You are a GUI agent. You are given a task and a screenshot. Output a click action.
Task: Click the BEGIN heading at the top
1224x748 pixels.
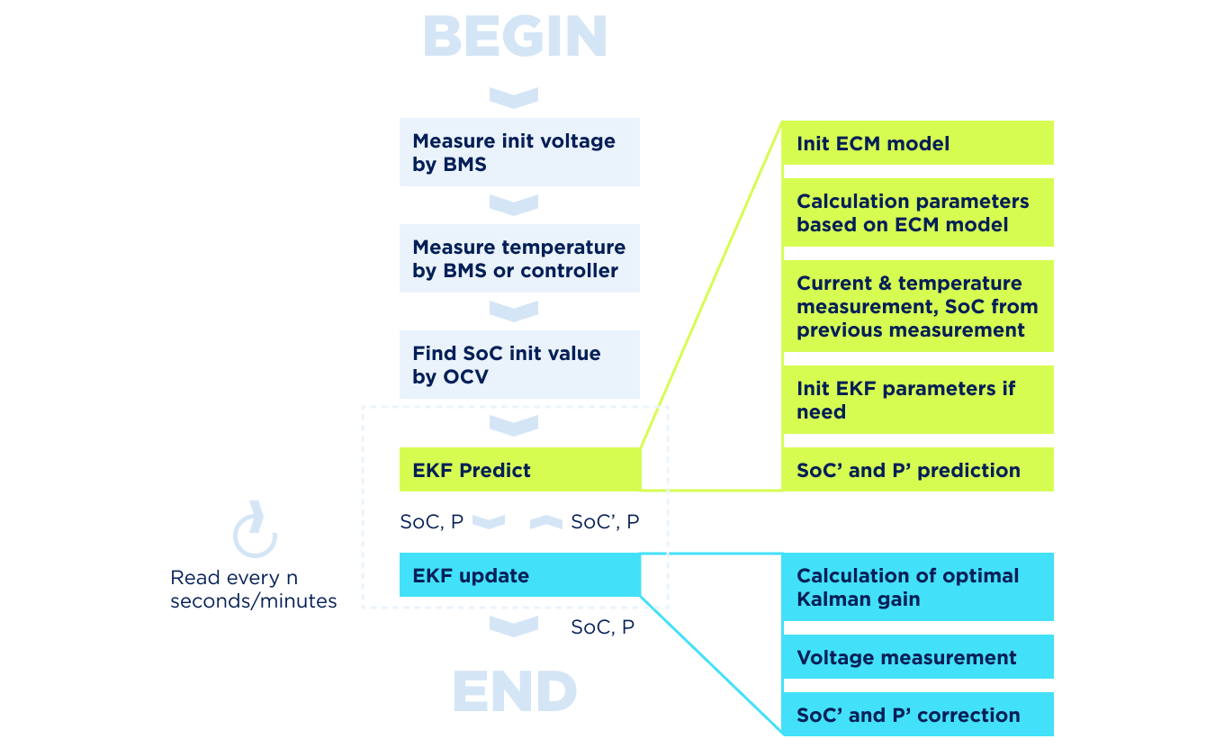click(515, 38)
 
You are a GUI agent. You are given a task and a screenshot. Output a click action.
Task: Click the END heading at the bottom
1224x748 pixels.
click(515, 691)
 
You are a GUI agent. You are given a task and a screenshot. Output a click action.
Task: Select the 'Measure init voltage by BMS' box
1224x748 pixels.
click(519, 152)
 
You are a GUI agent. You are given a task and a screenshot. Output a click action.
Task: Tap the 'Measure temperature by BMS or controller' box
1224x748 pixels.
click(519, 258)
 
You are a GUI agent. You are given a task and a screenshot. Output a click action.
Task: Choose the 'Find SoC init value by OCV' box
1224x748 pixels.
click(519, 365)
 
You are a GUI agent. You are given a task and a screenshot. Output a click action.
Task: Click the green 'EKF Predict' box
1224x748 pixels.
click(519, 470)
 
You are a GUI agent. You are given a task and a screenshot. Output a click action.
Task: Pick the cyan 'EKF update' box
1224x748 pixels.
click(519, 575)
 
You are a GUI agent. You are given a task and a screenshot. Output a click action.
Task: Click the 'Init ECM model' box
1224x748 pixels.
click(917, 143)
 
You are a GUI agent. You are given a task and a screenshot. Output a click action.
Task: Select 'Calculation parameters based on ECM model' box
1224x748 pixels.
click(917, 212)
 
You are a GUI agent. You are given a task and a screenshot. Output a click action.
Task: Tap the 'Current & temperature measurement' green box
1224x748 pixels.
click(917, 306)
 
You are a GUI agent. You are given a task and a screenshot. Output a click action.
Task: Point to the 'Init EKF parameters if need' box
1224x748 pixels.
click(917, 400)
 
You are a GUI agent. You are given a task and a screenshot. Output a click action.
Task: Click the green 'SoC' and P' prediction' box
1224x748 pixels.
click(917, 470)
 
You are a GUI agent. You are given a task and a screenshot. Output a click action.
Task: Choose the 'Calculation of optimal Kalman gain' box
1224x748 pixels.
click(917, 587)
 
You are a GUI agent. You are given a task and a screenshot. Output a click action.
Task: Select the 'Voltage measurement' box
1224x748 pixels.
click(917, 657)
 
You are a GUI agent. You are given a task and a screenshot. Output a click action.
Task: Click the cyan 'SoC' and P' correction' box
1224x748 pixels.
click(917, 715)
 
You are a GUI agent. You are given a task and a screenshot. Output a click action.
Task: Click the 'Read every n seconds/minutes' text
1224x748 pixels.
click(254, 590)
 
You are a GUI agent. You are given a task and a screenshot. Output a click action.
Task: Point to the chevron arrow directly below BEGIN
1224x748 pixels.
click(514, 97)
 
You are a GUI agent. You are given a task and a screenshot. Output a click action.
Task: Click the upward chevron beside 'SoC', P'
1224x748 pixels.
click(546, 522)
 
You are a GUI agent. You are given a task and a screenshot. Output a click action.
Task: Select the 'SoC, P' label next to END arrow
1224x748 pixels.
click(602, 627)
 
